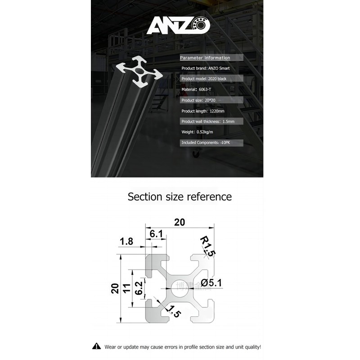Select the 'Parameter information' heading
click(x=205, y=58)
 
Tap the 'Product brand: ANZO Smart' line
click(x=206, y=68)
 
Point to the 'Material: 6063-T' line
click(x=199, y=90)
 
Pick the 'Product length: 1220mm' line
click(x=203, y=111)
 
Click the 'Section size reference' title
click(x=180, y=197)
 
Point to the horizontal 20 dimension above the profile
click(x=180, y=222)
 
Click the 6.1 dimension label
click(x=156, y=234)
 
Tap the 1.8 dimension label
click(x=126, y=242)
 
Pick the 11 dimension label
click(x=127, y=288)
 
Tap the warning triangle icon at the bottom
click(x=96, y=346)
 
